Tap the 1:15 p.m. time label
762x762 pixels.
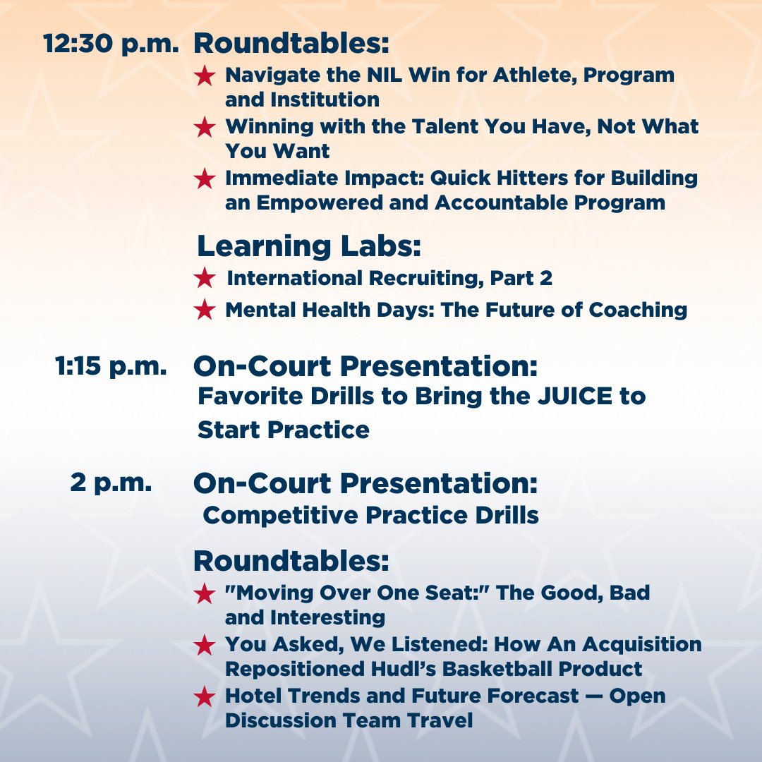(x=111, y=367)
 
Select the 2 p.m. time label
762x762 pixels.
(x=111, y=483)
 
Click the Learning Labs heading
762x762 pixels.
(x=309, y=246)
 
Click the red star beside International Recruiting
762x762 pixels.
(x=205, y=279)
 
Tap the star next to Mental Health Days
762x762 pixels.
(x=205, y=310)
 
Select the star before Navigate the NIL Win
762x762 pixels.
(x=205, y=75)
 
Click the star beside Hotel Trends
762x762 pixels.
(x=205, y=697)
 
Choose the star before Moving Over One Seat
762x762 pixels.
(x=205, y=593)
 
